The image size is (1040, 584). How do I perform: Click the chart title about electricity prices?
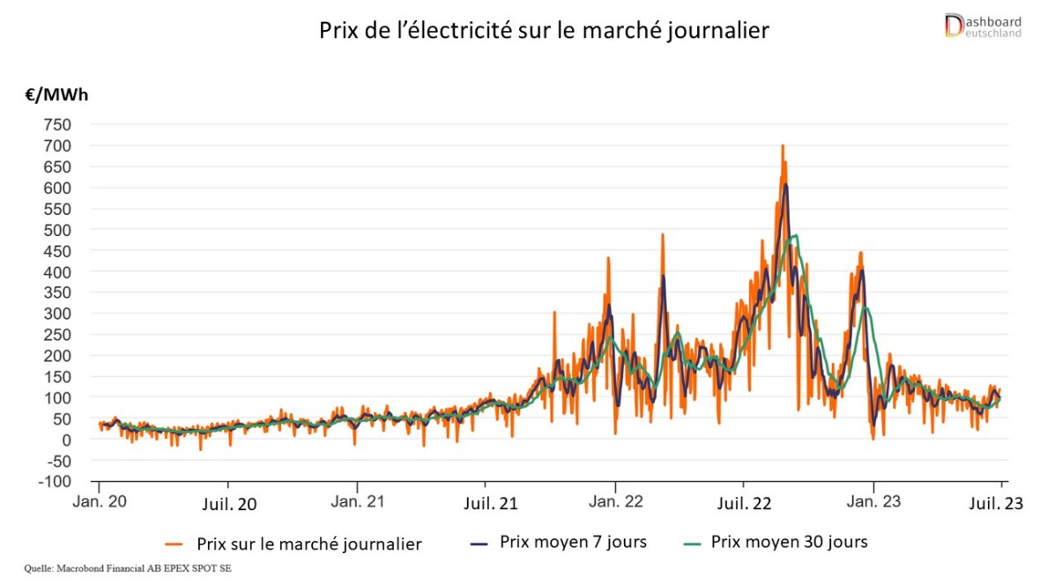click(x=543, y=32)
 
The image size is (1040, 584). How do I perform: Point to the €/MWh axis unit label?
click(x=56, y=95)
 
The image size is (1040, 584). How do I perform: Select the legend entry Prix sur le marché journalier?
click(x=308, y=543)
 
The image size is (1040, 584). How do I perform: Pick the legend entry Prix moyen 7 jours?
click(x=573, y=542)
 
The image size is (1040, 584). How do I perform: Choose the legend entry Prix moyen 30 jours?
click(x=789, y=542)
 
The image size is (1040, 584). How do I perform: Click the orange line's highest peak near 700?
click(x=782, y=146)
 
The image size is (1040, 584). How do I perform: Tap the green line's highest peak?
click(x=795, y=236)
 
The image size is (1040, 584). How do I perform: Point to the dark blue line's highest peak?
click(x=785, y=185)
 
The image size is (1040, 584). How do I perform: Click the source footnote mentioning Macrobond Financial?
click(x=129, y=569)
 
